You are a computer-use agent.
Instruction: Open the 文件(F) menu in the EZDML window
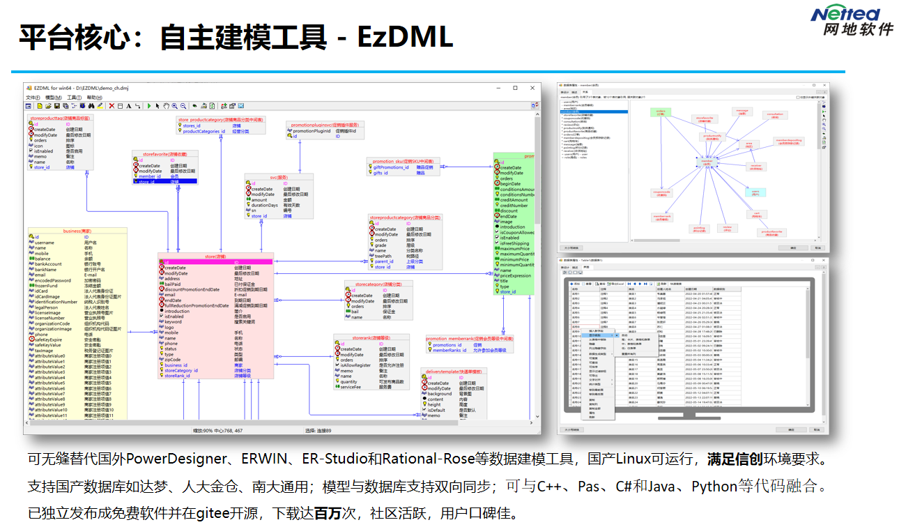coord(33,98)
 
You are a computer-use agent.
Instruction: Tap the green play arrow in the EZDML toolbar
coord(148,106)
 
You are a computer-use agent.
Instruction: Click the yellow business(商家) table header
coord(77,231)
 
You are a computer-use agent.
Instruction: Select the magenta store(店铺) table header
coord(214,257)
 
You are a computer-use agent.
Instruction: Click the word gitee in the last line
coord(217,514)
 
